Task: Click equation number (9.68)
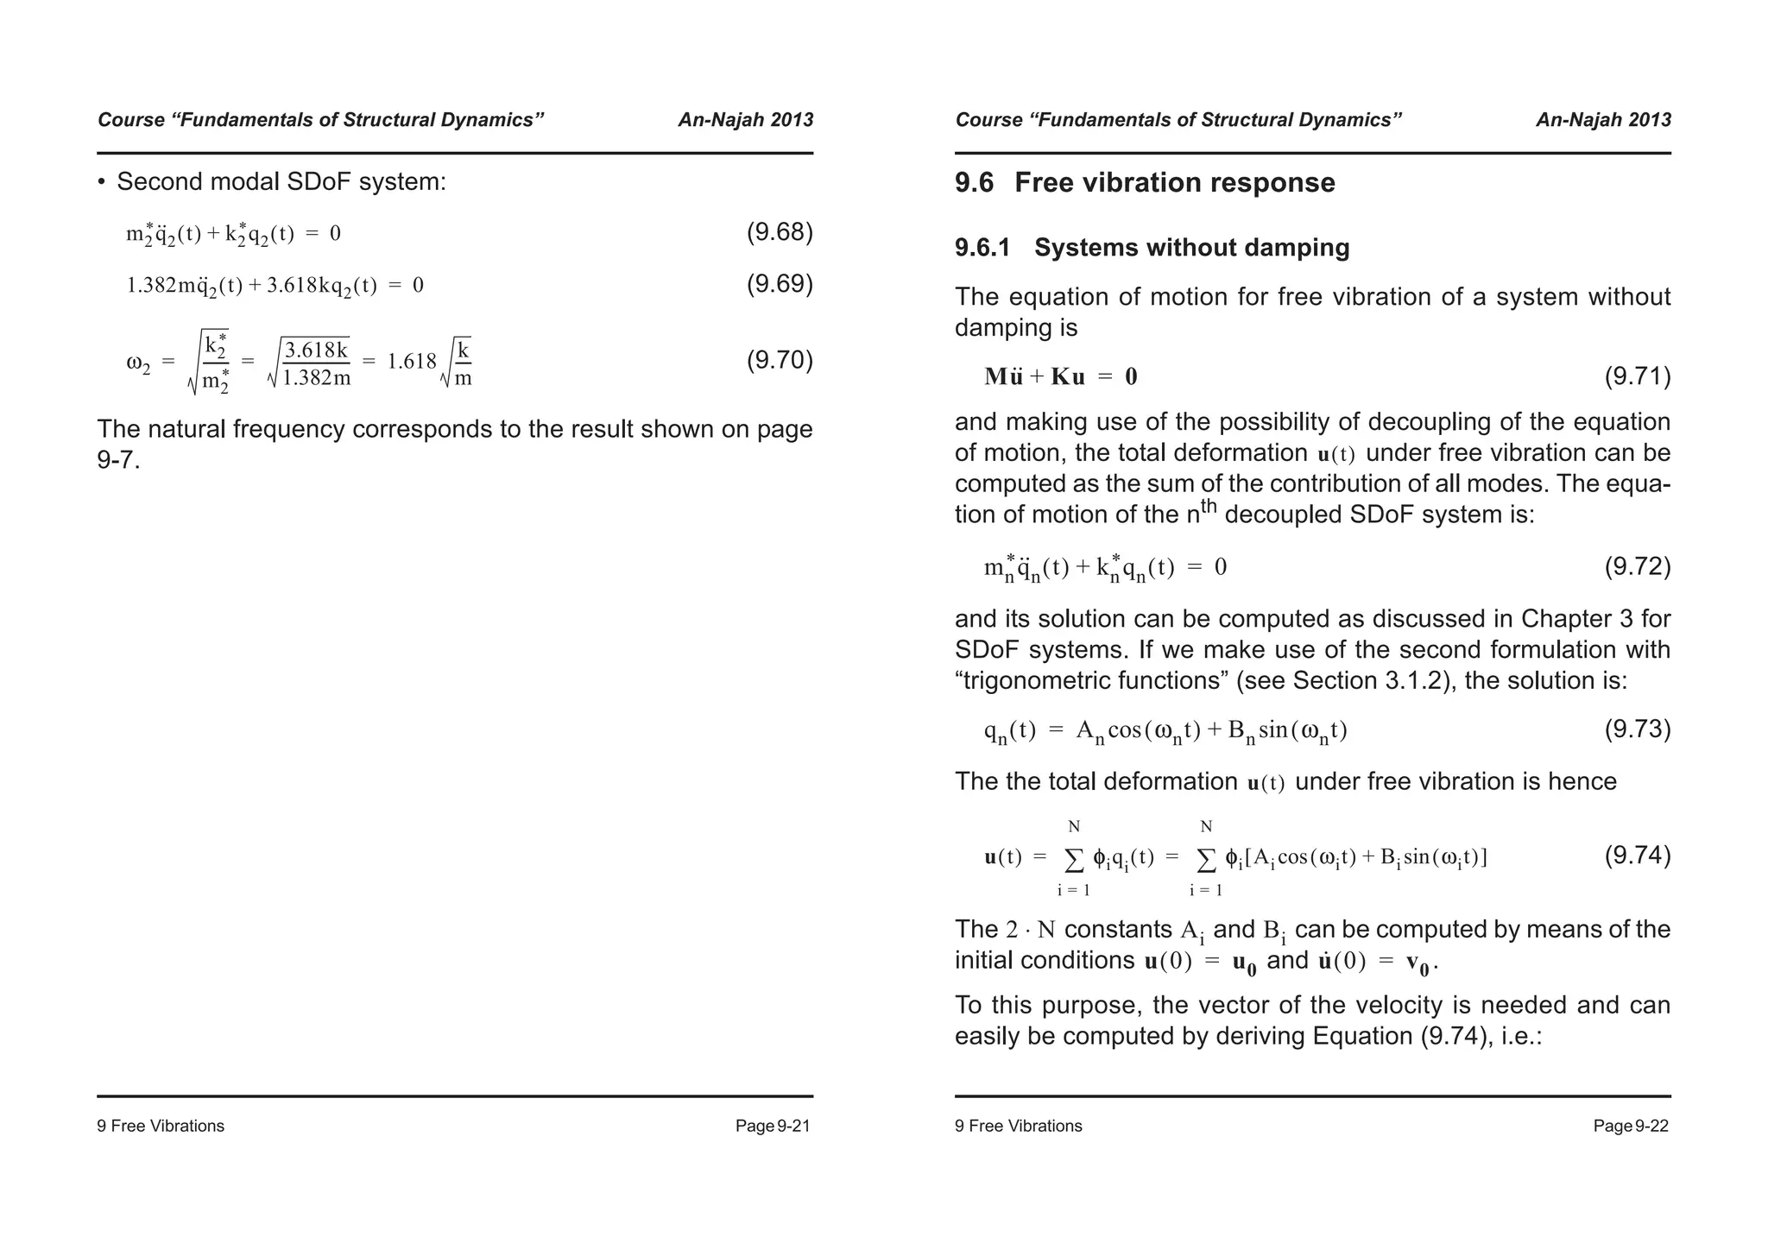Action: (x=779, y=232)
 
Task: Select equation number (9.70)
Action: (x=779, y=360)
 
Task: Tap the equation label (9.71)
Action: (x=1637, y=376)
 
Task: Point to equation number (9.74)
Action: (x=1637, y=855)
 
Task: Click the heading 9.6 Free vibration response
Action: (x=1145, y=183)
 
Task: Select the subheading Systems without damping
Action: (x=1191, y=248)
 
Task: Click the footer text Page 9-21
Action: (x=773, y=1126)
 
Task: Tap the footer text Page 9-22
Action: (x=1631, y=1126)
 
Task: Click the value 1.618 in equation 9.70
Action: (x=412, y=361)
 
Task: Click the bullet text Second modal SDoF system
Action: (x=281, y=182)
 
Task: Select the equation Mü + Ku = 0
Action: (x=1061, y=376)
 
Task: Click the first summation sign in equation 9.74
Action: (x=1074, y=859)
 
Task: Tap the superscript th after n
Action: (x=1209, y=506)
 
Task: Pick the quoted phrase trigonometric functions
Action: (x=1092, y=681)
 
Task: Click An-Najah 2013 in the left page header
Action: (x=745, y=120)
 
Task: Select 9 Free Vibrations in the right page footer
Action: (x=1018, y=1126)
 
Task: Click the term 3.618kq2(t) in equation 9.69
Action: (x=321, y=286)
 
